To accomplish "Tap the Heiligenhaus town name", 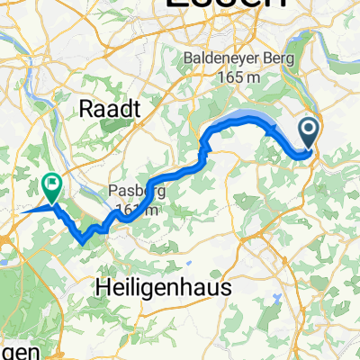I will pos(162,286).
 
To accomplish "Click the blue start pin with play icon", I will pos(309,133).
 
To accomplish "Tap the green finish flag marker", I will pos(52,186).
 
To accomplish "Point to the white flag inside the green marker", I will pos(52,186).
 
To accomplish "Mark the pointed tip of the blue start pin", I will pos(309,151).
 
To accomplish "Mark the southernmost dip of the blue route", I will pos(84,240).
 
